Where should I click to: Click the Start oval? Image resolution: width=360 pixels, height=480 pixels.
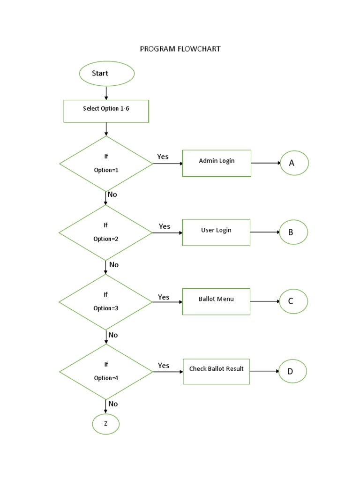(107, 74)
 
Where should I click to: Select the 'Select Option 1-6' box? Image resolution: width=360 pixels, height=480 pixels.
(106, 111)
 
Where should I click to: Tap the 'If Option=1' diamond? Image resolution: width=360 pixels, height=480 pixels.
(106, 164)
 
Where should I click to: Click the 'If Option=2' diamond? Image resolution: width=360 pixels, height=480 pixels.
(106, 232)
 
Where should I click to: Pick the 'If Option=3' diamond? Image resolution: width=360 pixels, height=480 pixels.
(106, 302)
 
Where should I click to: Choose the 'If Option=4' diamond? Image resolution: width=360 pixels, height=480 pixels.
(106, 371)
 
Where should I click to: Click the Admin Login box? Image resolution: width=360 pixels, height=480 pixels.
(217, 163)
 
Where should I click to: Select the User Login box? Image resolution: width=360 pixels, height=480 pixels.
(216, 232)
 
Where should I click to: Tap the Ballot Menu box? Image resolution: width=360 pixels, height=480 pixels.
(216, 301)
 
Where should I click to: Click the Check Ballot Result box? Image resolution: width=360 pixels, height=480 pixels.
(216, 371)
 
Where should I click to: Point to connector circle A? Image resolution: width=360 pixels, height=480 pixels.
(294, 163)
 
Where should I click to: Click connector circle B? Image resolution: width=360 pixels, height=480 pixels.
(293, 232)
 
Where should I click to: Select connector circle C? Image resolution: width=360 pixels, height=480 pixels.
(293, 301)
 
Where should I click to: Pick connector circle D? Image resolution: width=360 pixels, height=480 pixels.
(292, 371)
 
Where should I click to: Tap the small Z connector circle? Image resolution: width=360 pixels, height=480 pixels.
(105, 424)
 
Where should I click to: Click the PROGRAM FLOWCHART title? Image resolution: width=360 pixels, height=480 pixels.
(180, 49)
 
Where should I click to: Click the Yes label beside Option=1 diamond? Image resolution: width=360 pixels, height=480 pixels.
(163, 157)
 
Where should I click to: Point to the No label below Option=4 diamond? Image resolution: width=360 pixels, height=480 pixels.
(113, 404)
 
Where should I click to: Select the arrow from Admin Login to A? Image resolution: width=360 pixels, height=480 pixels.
(265, 163)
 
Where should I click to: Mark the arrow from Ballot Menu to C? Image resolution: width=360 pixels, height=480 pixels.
(264, 301)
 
